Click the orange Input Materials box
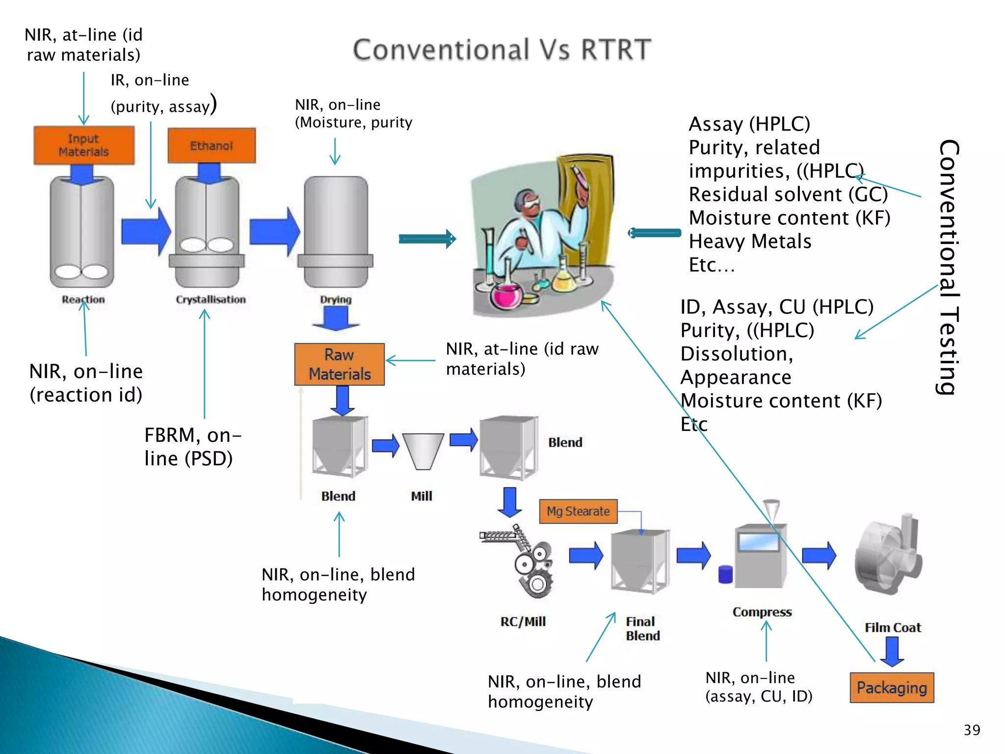pos(84,145)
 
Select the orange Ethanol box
pos(212,145)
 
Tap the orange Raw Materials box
pos(339,364)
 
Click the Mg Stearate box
pos(578,512)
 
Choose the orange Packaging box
pos(892,688)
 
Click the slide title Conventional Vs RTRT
pos(502,50)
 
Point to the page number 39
pos(972,730)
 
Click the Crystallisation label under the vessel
pos(211,299)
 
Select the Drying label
pos(336,299)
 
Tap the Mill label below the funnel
pos(422,496)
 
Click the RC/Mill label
pos(523,621)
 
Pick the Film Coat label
pos(893,627)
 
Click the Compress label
pos(762,612)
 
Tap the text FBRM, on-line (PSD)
pos(192,447)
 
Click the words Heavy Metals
pos(750,242)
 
